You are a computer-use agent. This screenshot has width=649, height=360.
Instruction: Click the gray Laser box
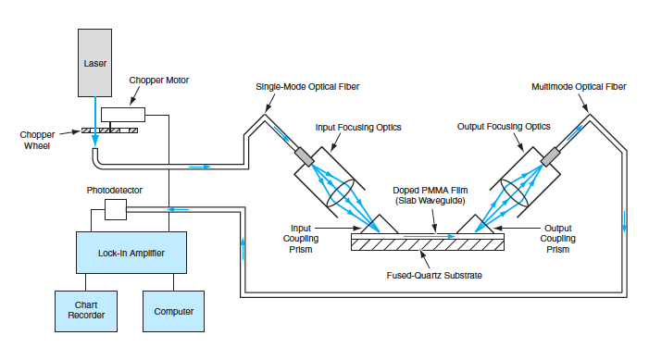coord(94,63)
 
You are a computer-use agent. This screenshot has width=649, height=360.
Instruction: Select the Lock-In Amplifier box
coord(131,253)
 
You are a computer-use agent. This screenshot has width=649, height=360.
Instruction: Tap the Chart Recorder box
coord(86,311)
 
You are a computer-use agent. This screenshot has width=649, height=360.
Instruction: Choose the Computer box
coord(173,311)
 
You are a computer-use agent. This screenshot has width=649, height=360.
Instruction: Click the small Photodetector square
coord(116,209)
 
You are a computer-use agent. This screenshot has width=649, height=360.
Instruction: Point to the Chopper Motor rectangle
coord(123,115)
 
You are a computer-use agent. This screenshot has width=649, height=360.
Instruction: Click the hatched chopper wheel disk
coord(109,130)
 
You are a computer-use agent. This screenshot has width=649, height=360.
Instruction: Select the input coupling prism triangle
coord(380,226)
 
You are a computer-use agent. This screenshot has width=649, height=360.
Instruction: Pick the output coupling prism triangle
coord(475,226)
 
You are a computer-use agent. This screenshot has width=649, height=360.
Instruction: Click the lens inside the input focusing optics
coord(341,192)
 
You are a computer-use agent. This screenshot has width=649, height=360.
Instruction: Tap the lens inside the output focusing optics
coord(515,192)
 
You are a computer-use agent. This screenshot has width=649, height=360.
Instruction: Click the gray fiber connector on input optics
coord(305,157)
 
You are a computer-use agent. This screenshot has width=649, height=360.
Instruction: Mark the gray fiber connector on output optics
coord(551,157)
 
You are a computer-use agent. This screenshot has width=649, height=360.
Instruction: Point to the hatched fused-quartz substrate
coord(428,245)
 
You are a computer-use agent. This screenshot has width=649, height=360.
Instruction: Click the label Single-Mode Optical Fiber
coord(307,87)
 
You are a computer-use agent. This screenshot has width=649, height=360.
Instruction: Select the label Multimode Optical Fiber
coord(579,87)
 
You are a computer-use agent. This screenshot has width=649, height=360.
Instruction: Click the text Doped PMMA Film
coord(431,191)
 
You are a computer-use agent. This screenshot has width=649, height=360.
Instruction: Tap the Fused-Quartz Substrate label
coord(434,276)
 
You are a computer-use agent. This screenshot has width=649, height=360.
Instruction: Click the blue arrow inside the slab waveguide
coord(430,236)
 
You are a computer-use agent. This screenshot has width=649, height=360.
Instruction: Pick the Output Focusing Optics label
coord(504,127)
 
